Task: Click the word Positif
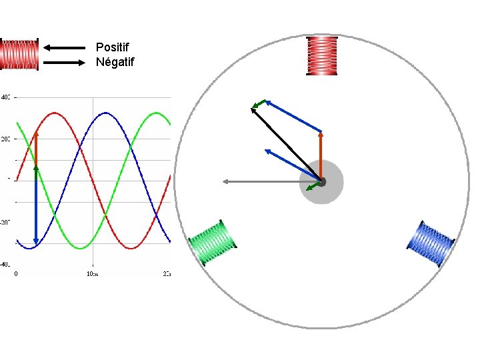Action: tap(113, 47)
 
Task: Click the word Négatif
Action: tap(115, 63)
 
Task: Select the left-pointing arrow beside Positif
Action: tap(65, 47)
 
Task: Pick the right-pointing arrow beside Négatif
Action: tap(65, 63)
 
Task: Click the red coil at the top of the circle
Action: tap(323, 56)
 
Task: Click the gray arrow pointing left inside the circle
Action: tap(270, 181)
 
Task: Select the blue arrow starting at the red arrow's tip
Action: tap(293, 115)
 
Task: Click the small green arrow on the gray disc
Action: tap(312, 187)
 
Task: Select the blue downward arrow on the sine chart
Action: tap(36, 207)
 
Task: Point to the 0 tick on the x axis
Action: tap(16, 273)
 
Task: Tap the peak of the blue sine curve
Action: tap(105, 113)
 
